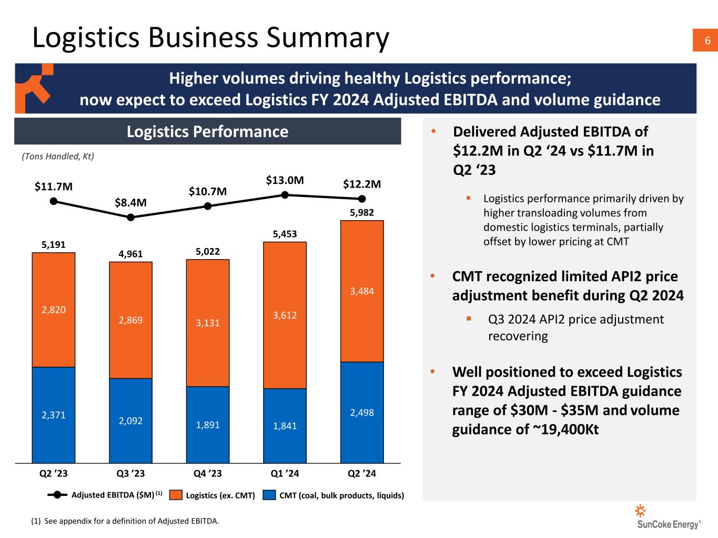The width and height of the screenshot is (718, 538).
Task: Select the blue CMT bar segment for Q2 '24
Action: tap(362, 412)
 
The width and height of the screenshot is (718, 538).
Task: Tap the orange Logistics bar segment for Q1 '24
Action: tap(285, 315)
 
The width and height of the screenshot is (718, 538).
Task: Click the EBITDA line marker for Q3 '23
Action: tap(131, 216)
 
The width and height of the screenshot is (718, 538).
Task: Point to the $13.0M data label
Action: tap(285, 181)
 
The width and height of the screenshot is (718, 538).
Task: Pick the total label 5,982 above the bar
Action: tap(362, 212)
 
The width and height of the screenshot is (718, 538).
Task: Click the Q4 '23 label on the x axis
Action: tap(207, 473)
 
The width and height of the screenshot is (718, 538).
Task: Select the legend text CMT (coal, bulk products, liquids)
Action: tap(341, 495)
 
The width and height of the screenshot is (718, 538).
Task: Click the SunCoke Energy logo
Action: tap(669, 518)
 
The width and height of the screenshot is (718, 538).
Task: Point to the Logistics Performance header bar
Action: tap(207, 131)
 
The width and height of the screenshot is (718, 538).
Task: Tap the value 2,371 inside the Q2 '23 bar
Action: tap(54, 415)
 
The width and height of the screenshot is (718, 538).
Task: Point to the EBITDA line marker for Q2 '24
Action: tap(362, 199)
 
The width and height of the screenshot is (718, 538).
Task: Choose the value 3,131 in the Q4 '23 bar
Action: tap(207, 323)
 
